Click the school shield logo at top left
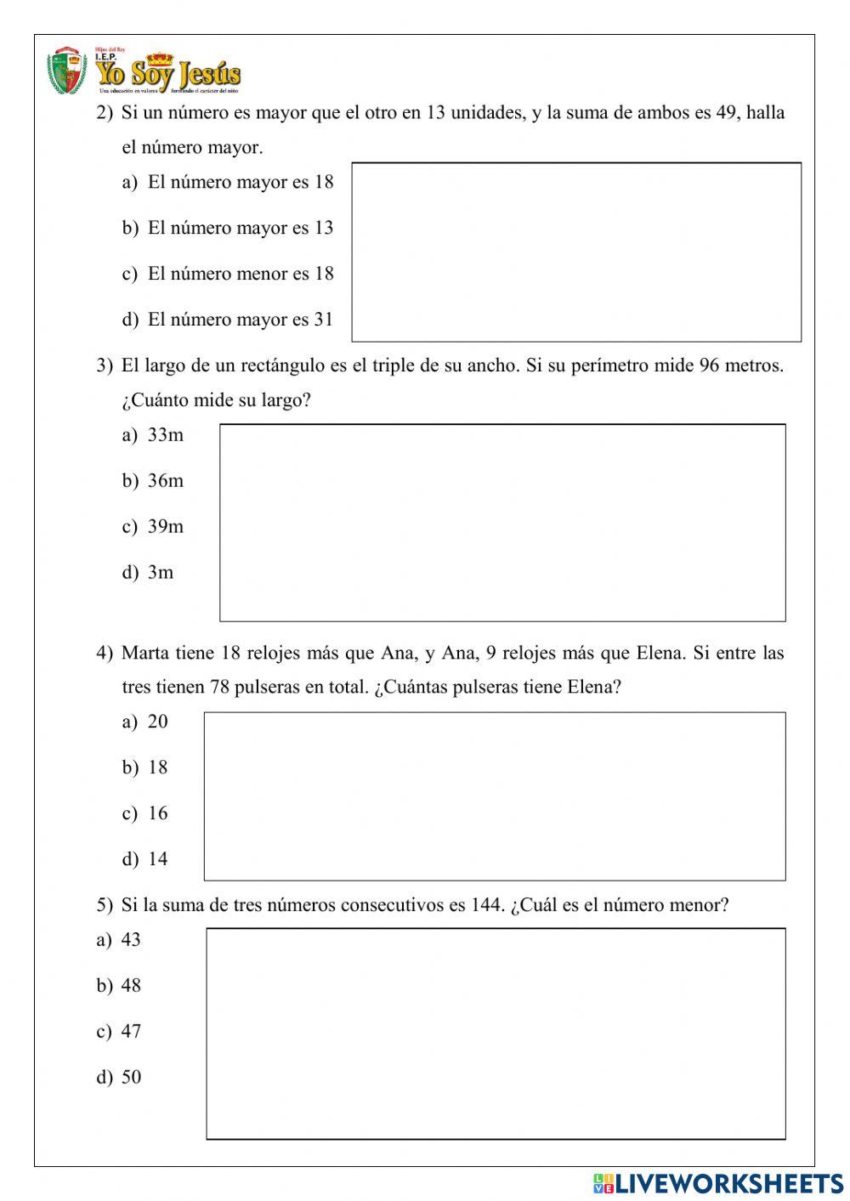(66, 71)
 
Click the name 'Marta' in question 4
(145, 653)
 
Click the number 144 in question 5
(487, 905)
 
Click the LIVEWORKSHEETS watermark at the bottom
(718, 1183)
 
